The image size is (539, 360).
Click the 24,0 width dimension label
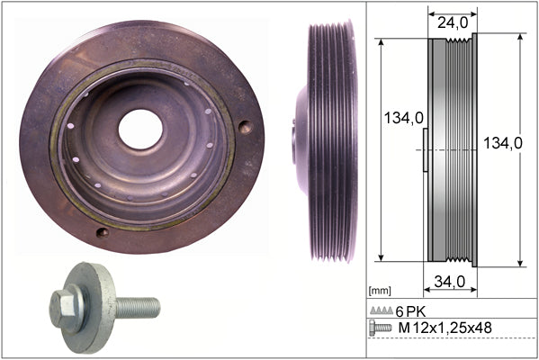tap(453, 23)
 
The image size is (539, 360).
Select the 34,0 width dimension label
tap(449, 282)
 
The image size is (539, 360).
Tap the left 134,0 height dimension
tap(403, 118)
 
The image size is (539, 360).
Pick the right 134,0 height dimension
tap(503, 143)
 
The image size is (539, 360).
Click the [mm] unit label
tap(380, 291)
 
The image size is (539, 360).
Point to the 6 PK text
tap(410, 312)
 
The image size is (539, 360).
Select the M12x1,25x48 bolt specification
tap(445, 328)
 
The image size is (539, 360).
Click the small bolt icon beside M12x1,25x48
tap(380, 328)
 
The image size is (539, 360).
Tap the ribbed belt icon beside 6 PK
tap(382, 310)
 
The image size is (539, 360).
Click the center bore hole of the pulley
tap(140, 129)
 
